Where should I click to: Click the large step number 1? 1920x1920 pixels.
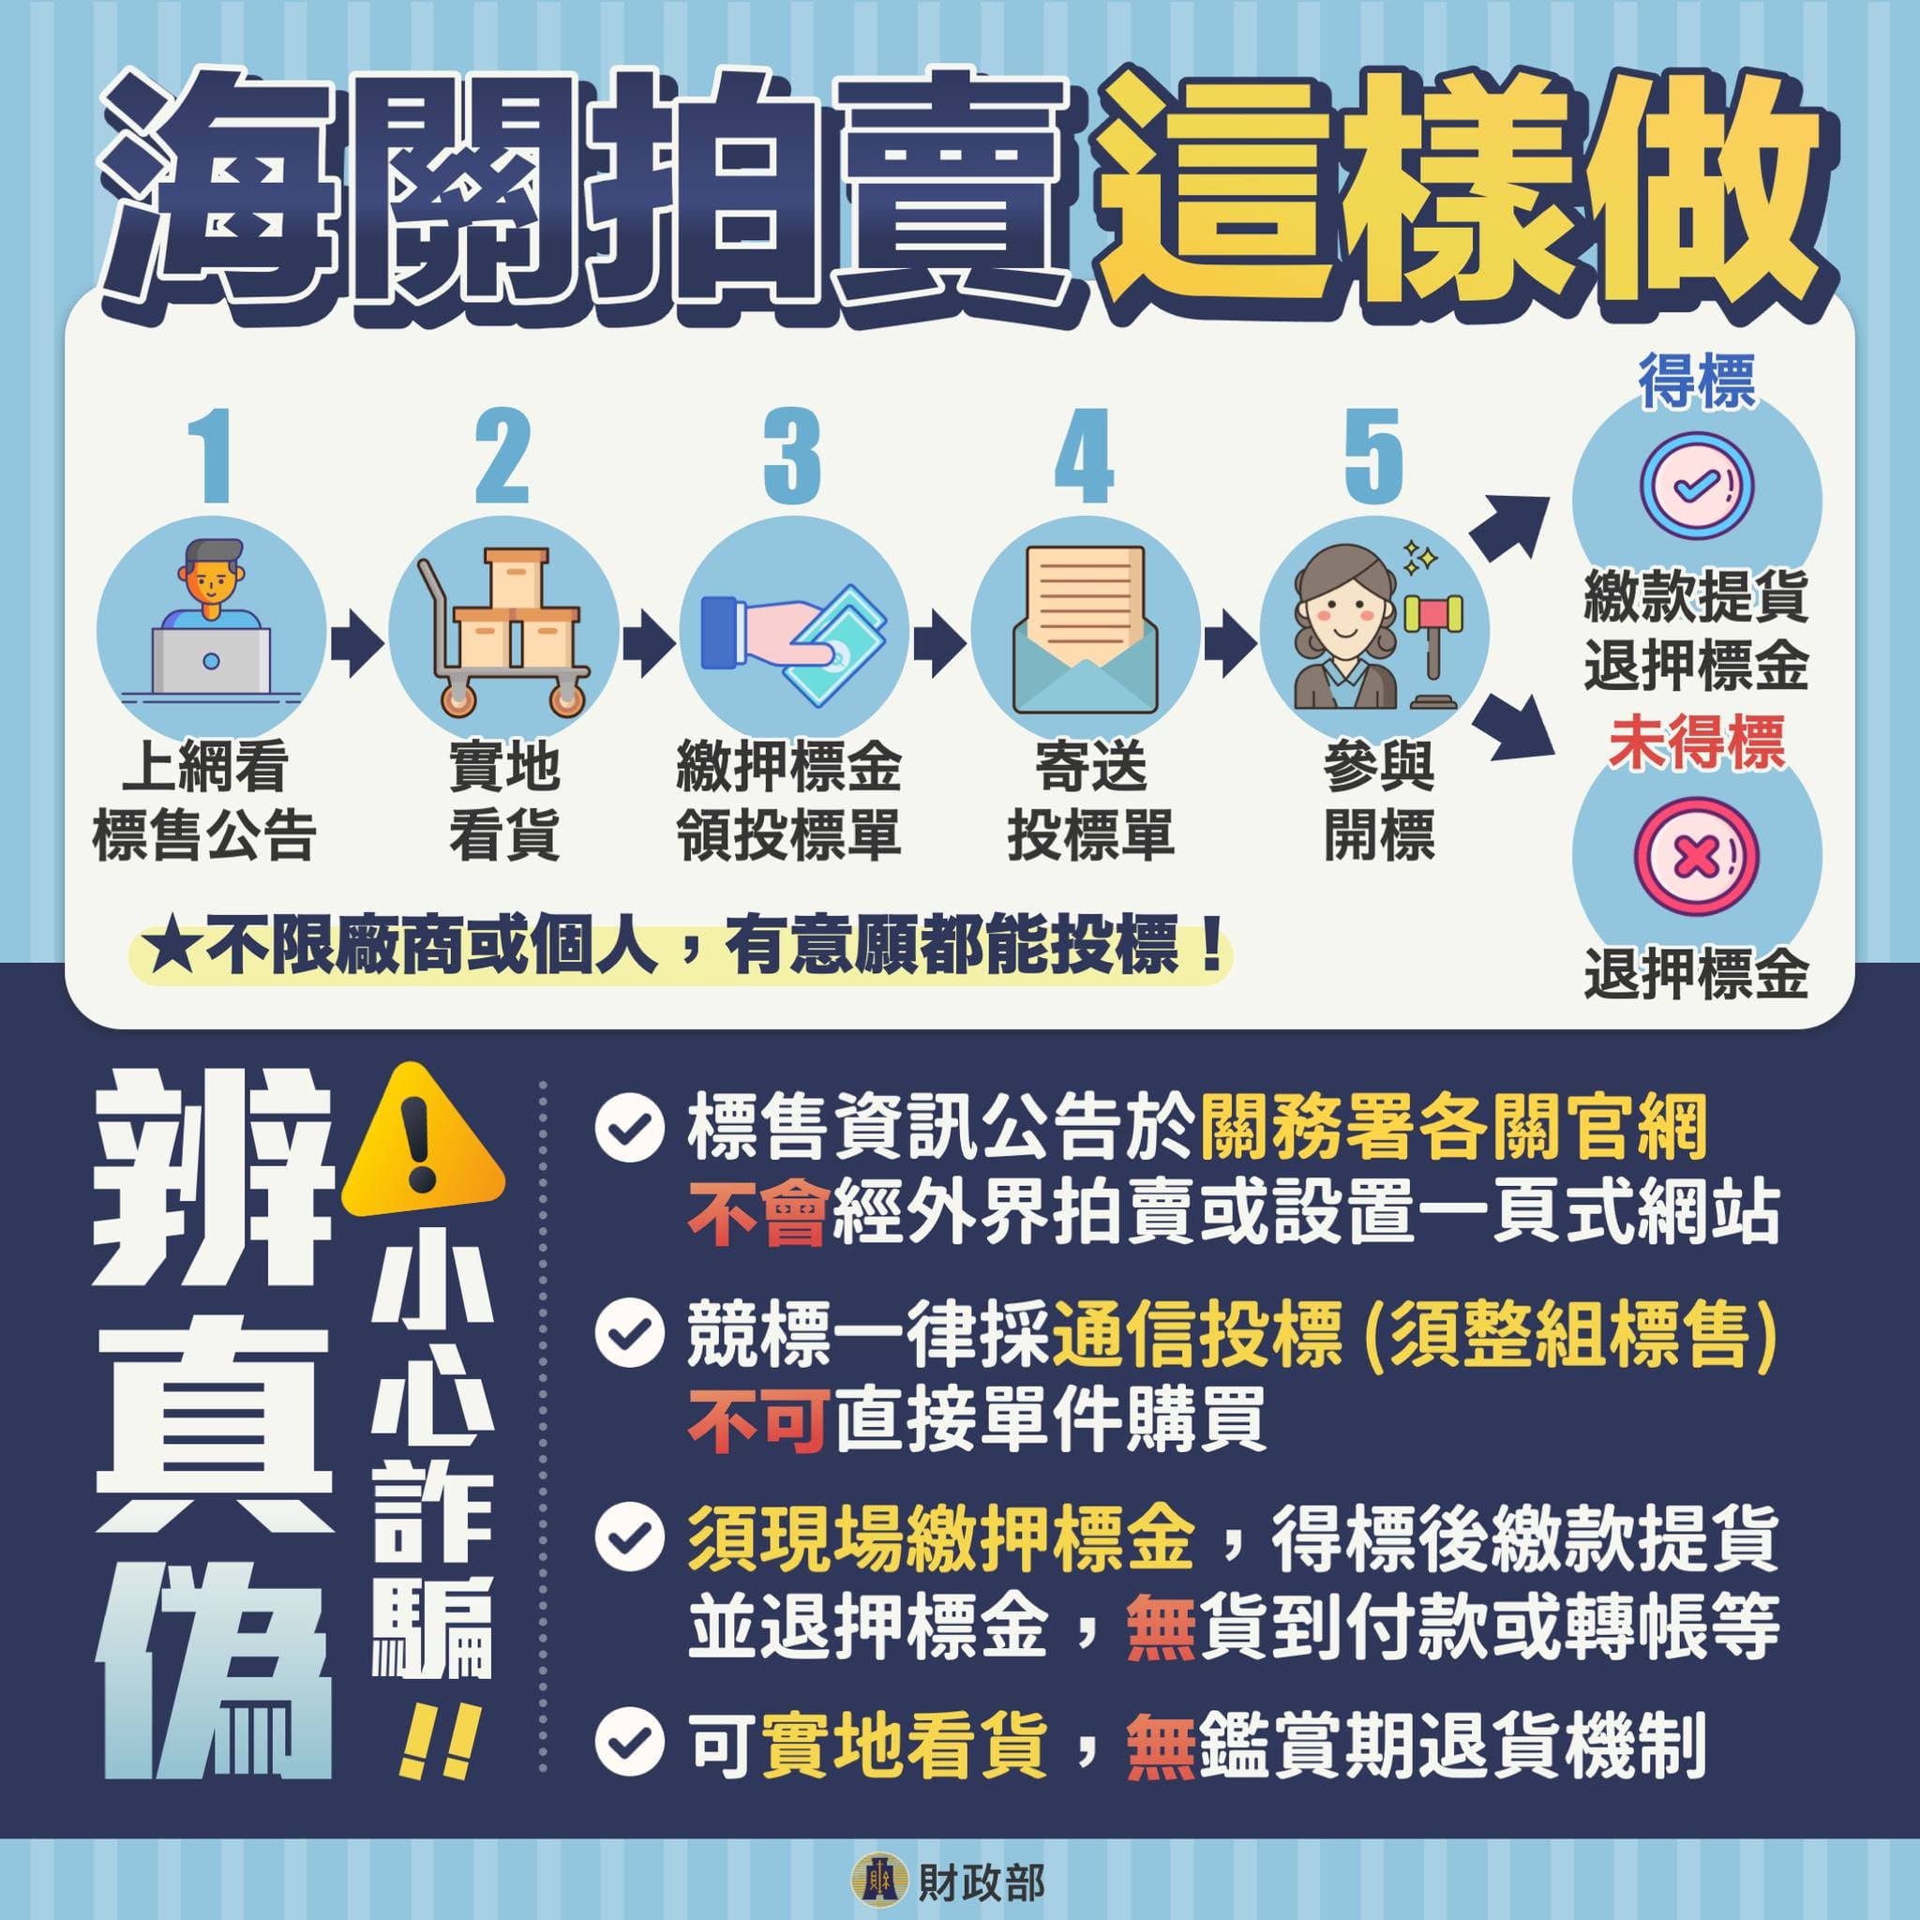point(213,457)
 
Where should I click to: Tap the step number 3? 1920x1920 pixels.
point(792,457)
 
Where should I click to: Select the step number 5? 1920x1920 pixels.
point(1373,457)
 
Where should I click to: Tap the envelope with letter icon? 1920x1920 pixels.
point(1085,630)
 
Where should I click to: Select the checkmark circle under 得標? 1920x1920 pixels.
point(1696,485)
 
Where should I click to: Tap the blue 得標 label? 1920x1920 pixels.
point(1696,380)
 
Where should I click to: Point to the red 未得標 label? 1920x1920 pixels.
point(1696,742)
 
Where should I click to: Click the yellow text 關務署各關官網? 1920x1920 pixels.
point(1453,1128)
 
